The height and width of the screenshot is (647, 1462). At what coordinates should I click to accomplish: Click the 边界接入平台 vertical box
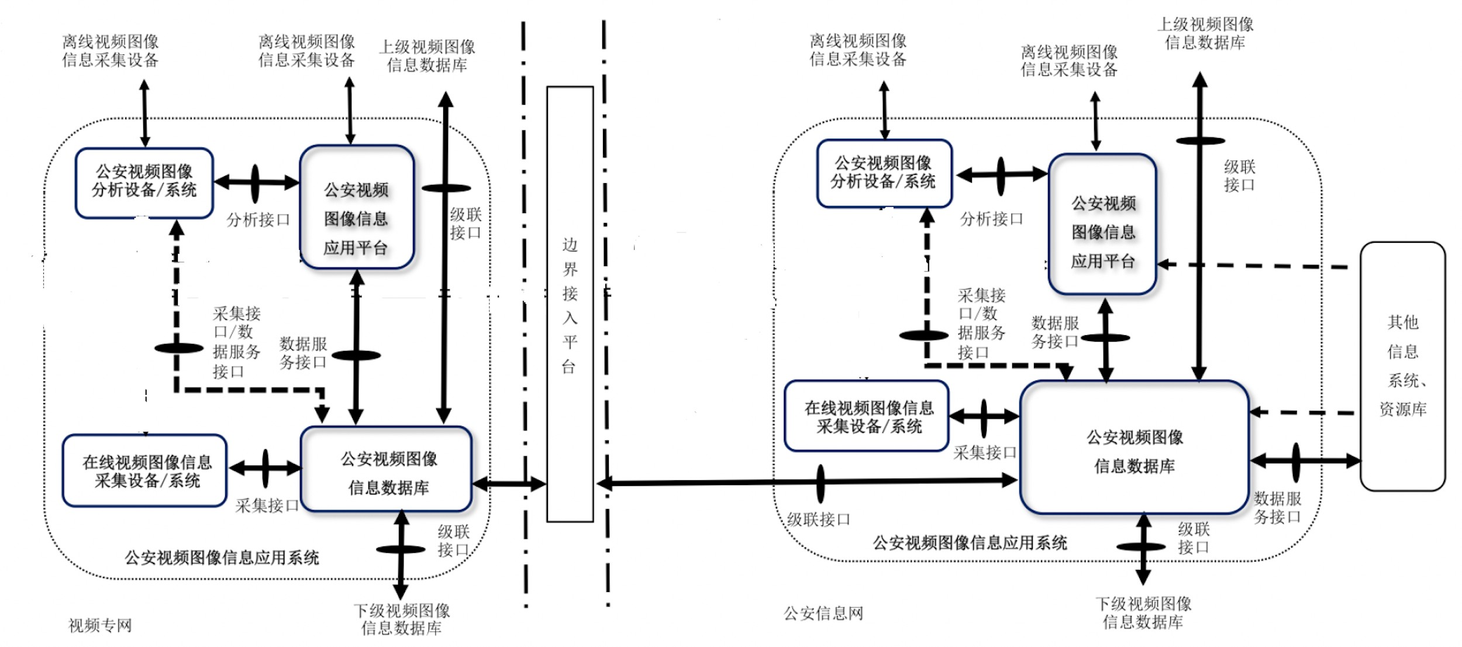pos(570,304)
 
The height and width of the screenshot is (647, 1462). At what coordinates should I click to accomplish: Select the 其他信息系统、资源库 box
pos(1402,366)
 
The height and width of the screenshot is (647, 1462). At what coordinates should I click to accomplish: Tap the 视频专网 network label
pos(100,625)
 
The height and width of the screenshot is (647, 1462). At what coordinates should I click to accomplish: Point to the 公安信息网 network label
pos(823,614)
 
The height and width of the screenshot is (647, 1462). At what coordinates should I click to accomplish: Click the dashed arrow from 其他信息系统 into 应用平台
pos(1257,266)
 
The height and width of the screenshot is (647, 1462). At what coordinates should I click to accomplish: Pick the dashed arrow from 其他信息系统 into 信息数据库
pos(1304,412)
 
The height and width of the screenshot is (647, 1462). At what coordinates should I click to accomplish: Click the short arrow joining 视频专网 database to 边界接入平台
pos(509,484)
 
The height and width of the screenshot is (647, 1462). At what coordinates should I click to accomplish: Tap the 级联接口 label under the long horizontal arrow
pos(818,519)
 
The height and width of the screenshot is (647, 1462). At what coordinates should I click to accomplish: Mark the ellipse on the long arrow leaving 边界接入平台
pos(820,484)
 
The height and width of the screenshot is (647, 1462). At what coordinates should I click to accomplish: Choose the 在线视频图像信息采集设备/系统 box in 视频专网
pos(145,471)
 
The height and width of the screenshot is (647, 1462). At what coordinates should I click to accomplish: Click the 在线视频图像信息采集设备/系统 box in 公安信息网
pos(867,417)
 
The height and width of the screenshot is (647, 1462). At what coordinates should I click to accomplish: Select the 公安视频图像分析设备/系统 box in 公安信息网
pos(884,173)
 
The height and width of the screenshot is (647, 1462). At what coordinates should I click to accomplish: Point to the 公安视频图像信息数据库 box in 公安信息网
pos(1135,448)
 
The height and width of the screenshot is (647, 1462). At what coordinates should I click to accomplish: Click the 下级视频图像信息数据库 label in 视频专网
pos(402,620)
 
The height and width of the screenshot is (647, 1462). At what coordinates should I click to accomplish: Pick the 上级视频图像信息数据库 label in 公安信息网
pos(1205,33)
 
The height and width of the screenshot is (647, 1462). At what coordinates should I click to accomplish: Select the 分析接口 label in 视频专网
pos(258,220)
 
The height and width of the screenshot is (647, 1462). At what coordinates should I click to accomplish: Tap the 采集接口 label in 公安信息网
pos(985,452)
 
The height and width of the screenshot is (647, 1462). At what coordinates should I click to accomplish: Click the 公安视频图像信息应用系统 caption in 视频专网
pos(222,557)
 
